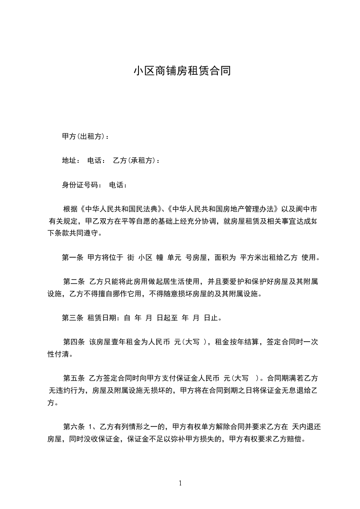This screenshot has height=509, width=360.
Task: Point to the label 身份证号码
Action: (x=79, y=185)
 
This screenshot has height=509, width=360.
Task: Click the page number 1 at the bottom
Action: (x=180, y=483)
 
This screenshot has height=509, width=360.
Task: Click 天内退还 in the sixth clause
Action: (x=307, y=427)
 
